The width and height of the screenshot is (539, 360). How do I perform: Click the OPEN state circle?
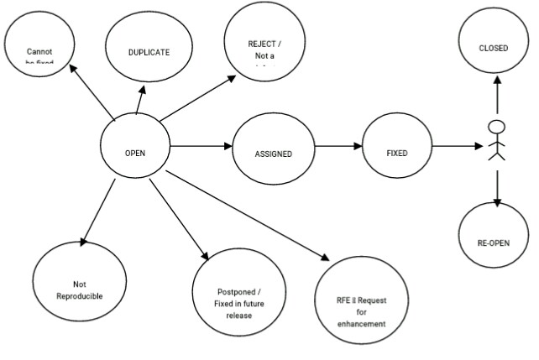(x=134, y=153)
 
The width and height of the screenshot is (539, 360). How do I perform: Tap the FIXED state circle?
(x=396, y=154)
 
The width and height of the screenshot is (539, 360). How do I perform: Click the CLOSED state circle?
(x=493, y=48)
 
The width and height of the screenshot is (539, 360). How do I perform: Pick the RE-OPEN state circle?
(x=493, y=243)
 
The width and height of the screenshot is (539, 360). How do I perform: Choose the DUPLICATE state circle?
(x=149, y=52)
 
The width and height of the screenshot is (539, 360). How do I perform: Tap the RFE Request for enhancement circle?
(x=361, y=310)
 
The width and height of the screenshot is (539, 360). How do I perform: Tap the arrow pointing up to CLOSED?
(x=496, y=97)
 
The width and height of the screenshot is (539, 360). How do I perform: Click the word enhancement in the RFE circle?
(x=362, y=324)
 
